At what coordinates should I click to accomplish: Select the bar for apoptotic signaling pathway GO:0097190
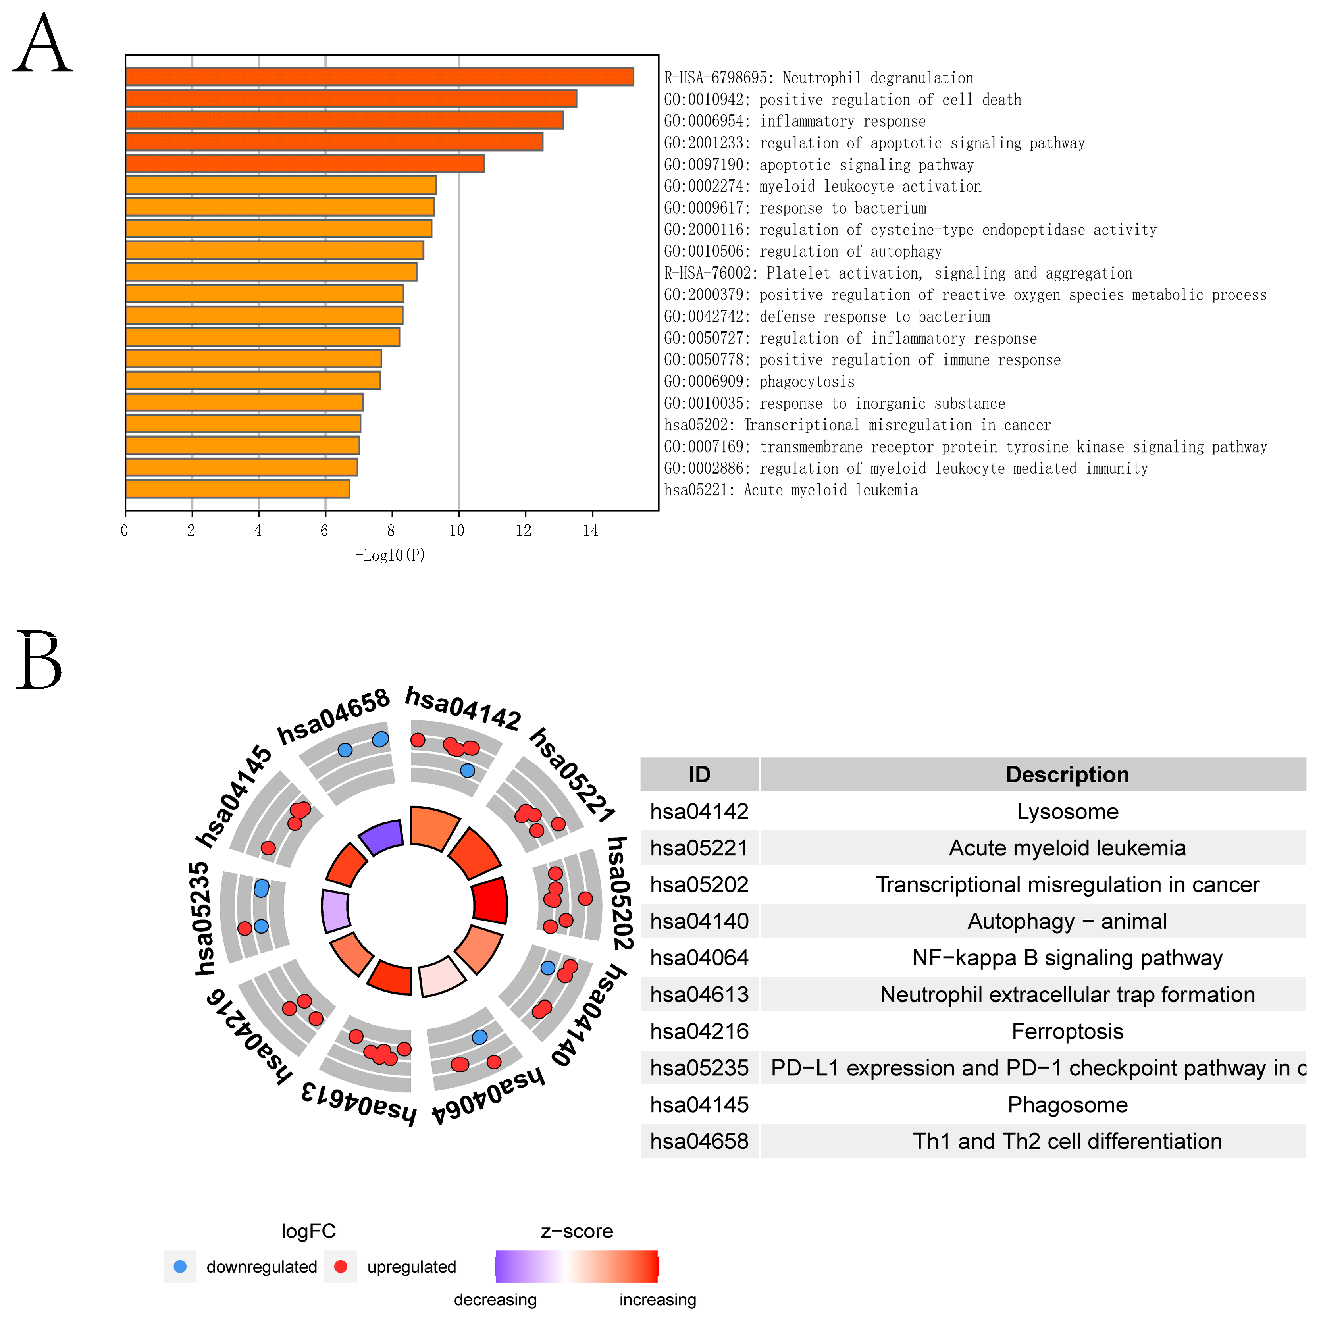pyautogui.click(x=305, y=164)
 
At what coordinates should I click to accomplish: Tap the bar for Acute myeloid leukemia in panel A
pyautogui.click(x=238, y=489)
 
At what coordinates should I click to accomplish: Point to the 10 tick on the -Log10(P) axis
pyautogui.click(x=457, y=531)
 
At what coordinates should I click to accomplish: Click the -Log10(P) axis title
pyautogui.click(x=390, y=555)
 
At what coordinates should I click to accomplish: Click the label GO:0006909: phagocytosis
pyautogui.click(x=759, y=382)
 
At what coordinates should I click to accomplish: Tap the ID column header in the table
pyautogui.click(x=699, y=774)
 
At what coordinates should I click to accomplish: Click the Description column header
pyautogui.click(x=1067, y=774)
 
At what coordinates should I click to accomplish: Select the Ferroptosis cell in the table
pyautogui.click(x=1067, y=1031)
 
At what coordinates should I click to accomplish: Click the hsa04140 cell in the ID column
pyautogui.click(x=699, y=921)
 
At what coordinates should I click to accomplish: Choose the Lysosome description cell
pyautogui.click(x=1067, y=811)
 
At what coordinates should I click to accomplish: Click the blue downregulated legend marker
pyautogui.click(x=180, y=1266)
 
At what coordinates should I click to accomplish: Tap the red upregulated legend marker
pyautogui.click(x=340, y=1266)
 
